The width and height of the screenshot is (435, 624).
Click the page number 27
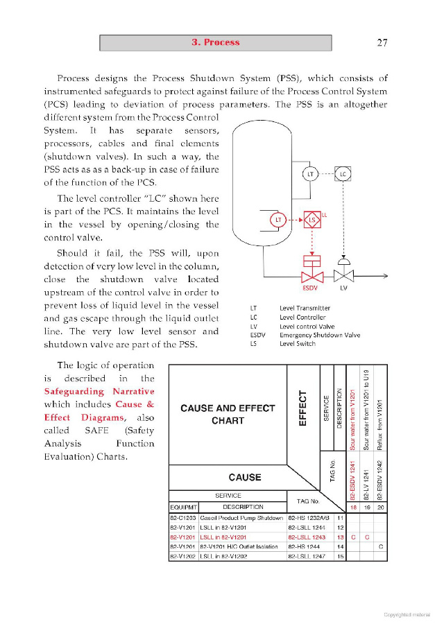click(x=382, y=42)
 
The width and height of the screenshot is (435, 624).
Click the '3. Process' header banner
click(x=216, y=42)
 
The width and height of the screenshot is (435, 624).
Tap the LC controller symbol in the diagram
click(x=343, y=174)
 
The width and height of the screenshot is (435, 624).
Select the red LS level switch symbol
click(x=312, y=220)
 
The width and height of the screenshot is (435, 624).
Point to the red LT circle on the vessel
click(x=278, y=220)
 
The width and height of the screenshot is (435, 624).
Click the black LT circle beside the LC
click(x=310, y=174)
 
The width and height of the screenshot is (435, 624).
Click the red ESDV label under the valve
click(x=310, y=288)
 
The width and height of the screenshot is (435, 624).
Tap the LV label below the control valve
click(x=343, y=288)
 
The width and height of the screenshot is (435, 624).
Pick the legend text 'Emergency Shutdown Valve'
click(x=320, y=335)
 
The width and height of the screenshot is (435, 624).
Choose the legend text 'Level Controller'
click(x=302, y=317)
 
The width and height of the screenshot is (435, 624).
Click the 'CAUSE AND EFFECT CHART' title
click(x=228, y=415)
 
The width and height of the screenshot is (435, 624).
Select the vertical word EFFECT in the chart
click(x=302, y=408)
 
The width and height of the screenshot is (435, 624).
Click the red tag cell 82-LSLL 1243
click(x=307, y=537)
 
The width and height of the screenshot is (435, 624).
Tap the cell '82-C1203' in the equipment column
click(x=183, y=518)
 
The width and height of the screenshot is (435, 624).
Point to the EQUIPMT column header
click(x=184, y=507)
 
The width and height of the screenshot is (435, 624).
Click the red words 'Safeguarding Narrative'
click(x=99, y=391)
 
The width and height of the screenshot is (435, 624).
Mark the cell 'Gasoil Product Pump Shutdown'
click(x=241, y=518)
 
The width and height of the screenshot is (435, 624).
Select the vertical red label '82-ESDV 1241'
click(x=352, y=480)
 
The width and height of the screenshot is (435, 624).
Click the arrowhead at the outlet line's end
click(x=385, y=276)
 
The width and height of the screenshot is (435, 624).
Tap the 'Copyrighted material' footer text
click(x=407, y=615)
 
